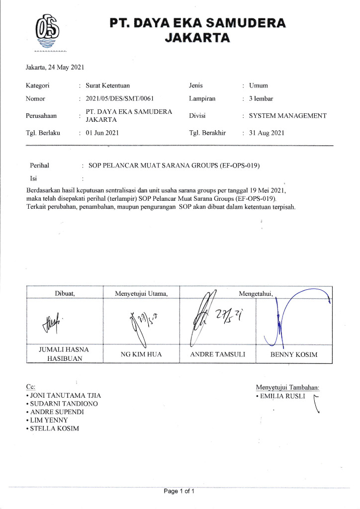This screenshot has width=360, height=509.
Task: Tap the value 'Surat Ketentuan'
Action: [x=108, y=85]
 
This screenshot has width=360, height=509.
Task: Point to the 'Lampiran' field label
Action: [x=202, y=98]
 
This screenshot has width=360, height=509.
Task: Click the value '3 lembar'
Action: [x=261, y=98]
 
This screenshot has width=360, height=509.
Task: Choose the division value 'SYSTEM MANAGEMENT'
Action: [x=287, y=116]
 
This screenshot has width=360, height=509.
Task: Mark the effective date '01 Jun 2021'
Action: [x=102, y=133]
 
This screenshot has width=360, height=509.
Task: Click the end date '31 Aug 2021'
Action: [x=267, y=133]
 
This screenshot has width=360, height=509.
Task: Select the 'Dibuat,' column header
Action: [x=64, y=293]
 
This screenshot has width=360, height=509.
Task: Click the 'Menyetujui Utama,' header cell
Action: [x=141, y=293]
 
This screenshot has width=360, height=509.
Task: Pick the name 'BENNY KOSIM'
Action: [x=293, y=354]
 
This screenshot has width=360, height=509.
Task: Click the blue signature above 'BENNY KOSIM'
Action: [x=293, y=318]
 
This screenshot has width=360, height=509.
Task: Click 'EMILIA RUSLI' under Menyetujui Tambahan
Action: [x=281, y=397]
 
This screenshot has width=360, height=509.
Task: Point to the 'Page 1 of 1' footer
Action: [x=179, y=492]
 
